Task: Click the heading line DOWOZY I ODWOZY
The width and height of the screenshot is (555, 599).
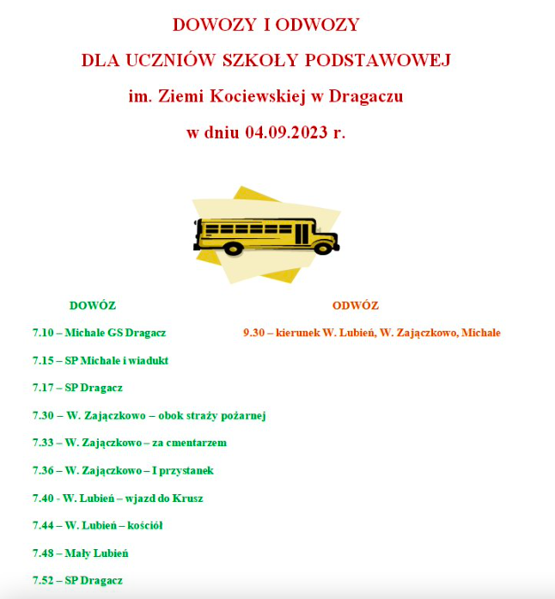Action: point(265,24)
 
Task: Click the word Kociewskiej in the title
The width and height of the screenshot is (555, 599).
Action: point(255,96)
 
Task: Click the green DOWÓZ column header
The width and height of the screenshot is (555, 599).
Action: point(92,305)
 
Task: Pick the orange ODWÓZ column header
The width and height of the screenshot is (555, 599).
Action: point(355,305)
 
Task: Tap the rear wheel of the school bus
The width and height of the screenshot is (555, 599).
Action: point(232,248)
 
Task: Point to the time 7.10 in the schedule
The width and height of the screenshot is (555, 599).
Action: point(43,333)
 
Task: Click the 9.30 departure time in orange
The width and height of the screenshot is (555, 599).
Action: point(253,333)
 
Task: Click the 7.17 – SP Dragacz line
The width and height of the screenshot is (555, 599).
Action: point(77,388)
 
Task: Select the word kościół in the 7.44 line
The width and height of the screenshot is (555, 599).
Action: point(146,525)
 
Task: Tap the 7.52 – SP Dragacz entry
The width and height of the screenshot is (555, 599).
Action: point(77,580)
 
